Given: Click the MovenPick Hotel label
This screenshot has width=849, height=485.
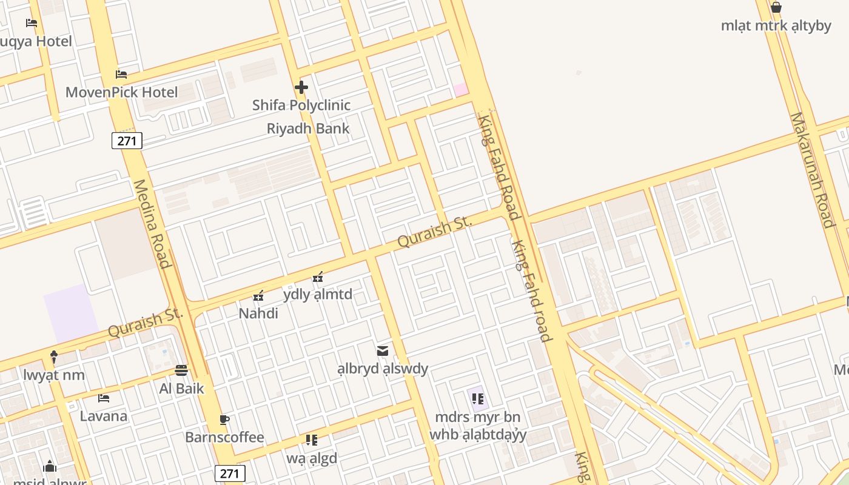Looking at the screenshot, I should click(x=121, y=93).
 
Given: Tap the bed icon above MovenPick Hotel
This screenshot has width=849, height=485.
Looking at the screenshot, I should click(x=121, y=75).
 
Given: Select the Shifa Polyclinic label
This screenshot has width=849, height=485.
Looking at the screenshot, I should click(x=301, y=105).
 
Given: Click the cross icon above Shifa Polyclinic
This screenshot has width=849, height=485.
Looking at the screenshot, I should click(x=301, y=87).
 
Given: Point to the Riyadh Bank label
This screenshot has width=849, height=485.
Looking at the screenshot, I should click(x=308, y=129).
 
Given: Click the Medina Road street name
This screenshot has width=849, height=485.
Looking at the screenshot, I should click(x=152, y=224).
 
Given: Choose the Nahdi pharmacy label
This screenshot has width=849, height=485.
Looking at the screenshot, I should click(x=258, y=313).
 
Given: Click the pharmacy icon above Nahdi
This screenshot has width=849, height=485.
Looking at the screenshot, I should click(x=258, y=296).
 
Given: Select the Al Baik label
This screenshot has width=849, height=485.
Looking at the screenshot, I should click(x=181, y=389).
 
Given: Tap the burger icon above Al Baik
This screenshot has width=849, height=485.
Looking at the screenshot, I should click(x=181, y=370).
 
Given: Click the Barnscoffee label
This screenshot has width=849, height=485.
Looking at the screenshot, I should click(x=224, y=438).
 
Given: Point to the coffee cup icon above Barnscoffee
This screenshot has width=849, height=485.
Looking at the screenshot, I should click(x=224, y=420).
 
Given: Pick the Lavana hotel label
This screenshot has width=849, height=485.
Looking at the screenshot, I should click(x=104, y=416).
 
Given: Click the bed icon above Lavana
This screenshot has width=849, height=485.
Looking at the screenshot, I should click(x=104, y=398).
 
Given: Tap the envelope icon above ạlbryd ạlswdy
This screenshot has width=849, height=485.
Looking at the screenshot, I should click(x=383, y=351).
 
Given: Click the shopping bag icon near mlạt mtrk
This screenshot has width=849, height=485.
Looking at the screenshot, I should click(x=776, y=8).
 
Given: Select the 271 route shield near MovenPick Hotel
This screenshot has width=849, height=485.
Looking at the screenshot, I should click(x=127, y=141).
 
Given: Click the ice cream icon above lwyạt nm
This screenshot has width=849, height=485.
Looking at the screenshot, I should click(x=54, y=357).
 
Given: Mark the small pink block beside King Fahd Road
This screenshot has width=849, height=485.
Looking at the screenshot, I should click(x=461, y=90).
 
